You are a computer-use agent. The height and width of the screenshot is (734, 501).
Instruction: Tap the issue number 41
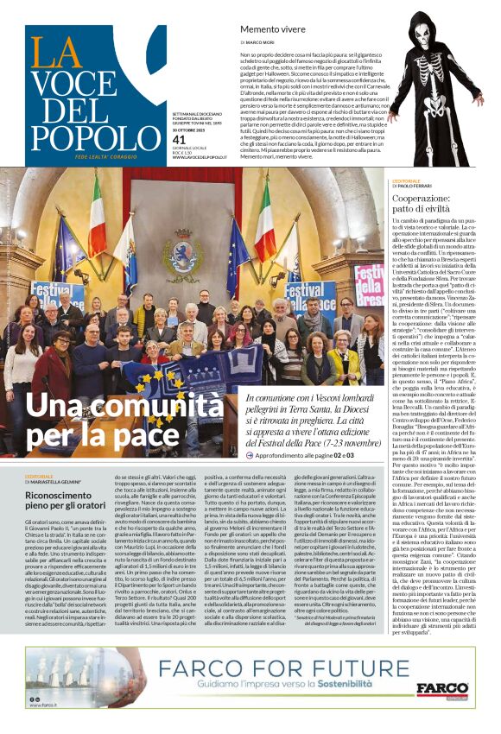[x=179, y=140]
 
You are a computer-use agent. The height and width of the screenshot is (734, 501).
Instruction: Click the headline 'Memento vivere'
[x=270, y=28]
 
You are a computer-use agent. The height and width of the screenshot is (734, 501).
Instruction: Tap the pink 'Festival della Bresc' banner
[x=368, y=281]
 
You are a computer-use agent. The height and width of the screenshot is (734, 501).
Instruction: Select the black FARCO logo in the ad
[x=442, y=689]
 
